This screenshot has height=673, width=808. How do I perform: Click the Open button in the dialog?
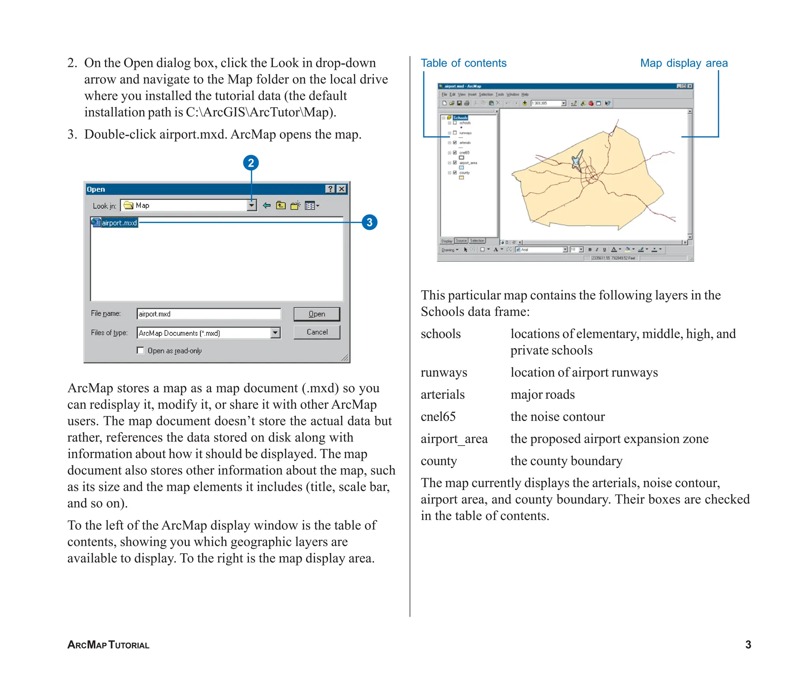[x=316, y=314]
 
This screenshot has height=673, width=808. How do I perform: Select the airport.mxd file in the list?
[x=119, y=223]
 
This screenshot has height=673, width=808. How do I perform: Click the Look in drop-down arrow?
[x=251, y=205]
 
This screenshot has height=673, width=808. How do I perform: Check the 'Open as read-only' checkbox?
[x=140, y=350]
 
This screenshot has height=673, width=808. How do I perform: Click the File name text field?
[x=208, y=314]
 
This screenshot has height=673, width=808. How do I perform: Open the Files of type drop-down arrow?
[x=275, y=333]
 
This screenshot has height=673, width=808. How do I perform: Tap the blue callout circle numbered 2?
[x=251, y=163]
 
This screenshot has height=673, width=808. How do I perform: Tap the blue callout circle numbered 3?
[x=369, y=222]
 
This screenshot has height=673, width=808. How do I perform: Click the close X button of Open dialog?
[x=342, y=189]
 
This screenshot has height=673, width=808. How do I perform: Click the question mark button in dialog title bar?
[x=330, y=189]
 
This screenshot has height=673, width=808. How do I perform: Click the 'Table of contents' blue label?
[x=463, y=63]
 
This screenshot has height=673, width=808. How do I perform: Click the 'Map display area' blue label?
[x=683, y=63]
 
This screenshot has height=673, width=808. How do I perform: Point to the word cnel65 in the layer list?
[x=438, y=417]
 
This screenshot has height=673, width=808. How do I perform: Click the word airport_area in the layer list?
[x=454, y=439]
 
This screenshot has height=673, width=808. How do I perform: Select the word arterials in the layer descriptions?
[x=442, y=395]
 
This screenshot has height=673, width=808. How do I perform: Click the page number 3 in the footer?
[x=748, y=645]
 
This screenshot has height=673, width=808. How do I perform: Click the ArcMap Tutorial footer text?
[x=108, y=645]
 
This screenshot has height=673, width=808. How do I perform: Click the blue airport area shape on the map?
[x=577, y=160]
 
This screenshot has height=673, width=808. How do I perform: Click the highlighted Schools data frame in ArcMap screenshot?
[x=460, y=117]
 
